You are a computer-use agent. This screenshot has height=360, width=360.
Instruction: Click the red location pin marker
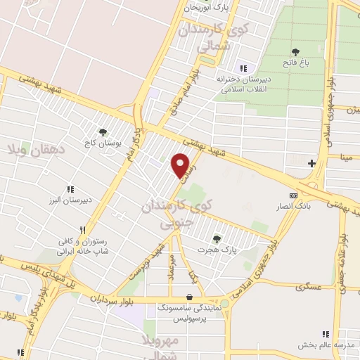click(x=181, y=165)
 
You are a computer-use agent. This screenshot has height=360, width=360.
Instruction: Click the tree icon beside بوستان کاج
click(x=103, y=131)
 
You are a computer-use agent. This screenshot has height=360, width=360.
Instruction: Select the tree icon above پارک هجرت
click(x=216, y=239)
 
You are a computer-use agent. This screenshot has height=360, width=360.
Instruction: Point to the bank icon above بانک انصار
click(x=293, y=195)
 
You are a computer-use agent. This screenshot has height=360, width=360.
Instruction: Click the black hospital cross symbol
click(x=311, y=163)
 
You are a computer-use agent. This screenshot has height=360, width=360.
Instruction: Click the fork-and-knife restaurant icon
click(x=82, y=230)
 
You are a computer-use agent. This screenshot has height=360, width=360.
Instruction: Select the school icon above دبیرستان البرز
click(x=70, y=189)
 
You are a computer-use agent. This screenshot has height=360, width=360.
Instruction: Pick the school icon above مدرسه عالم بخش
click(x=325, y=333)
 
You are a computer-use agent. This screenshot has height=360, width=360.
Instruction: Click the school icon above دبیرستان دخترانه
click(x=243, y=68)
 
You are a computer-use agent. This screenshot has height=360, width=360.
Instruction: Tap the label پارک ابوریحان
click(x=207, y=8)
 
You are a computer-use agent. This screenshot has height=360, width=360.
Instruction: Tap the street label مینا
click(x=347, y=158)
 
